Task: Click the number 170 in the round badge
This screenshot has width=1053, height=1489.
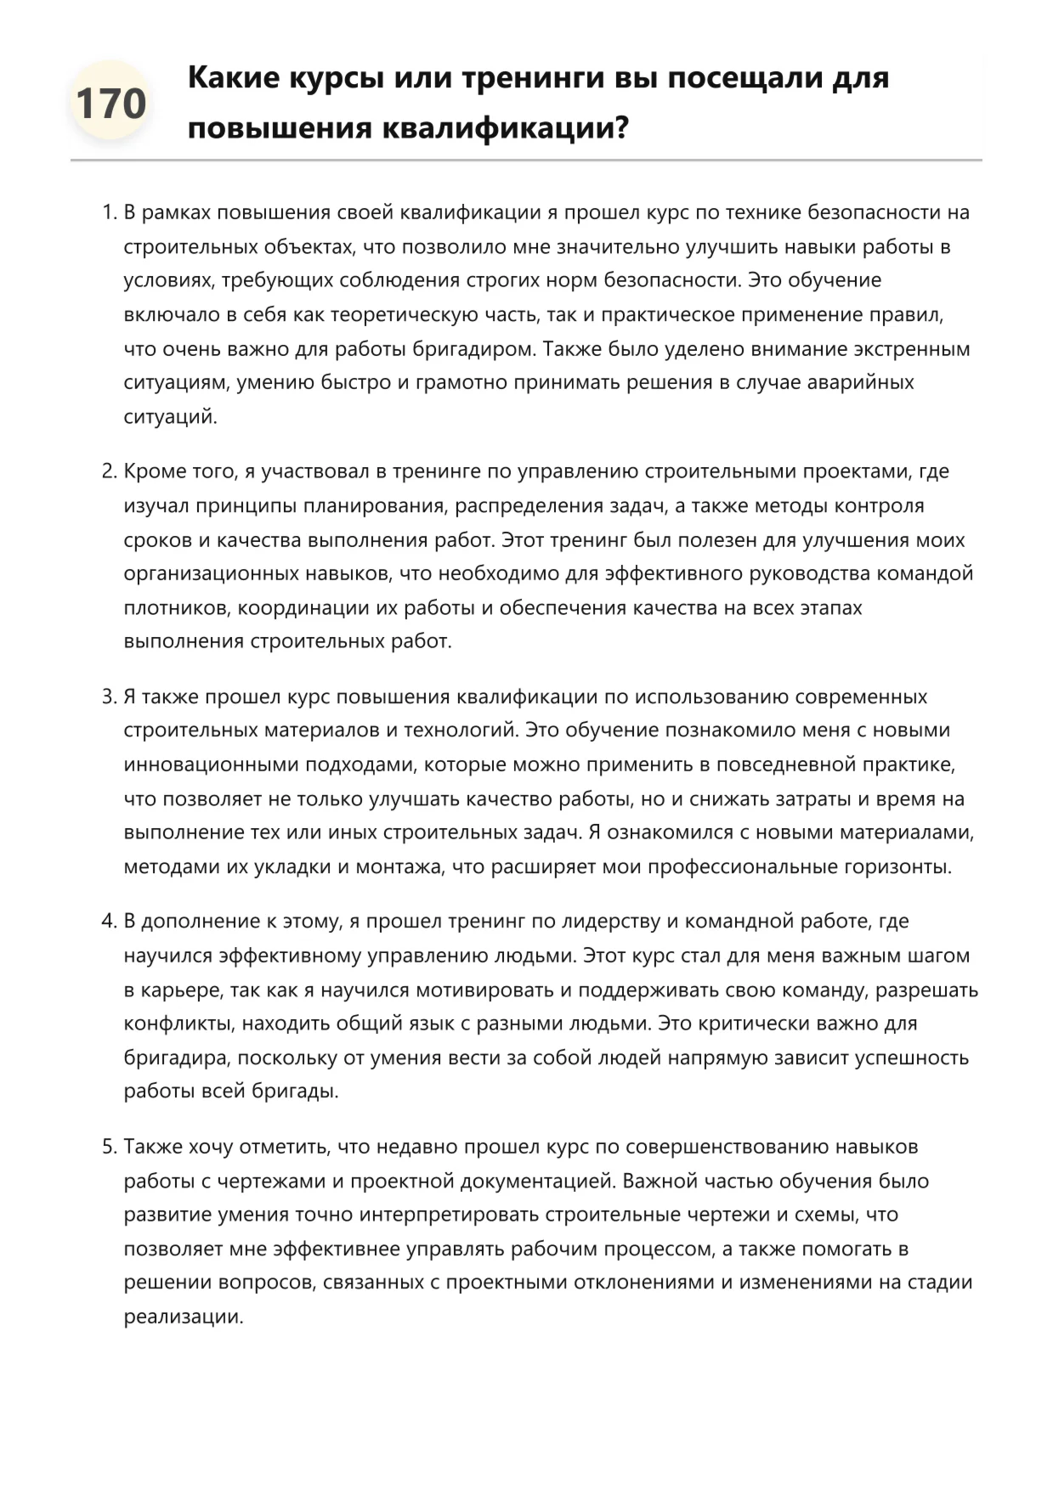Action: (110, 104)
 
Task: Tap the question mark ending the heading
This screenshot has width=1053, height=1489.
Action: (620, 128)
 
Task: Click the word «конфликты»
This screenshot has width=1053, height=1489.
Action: (178, 1024)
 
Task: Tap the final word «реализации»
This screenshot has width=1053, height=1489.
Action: (183, 1317)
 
